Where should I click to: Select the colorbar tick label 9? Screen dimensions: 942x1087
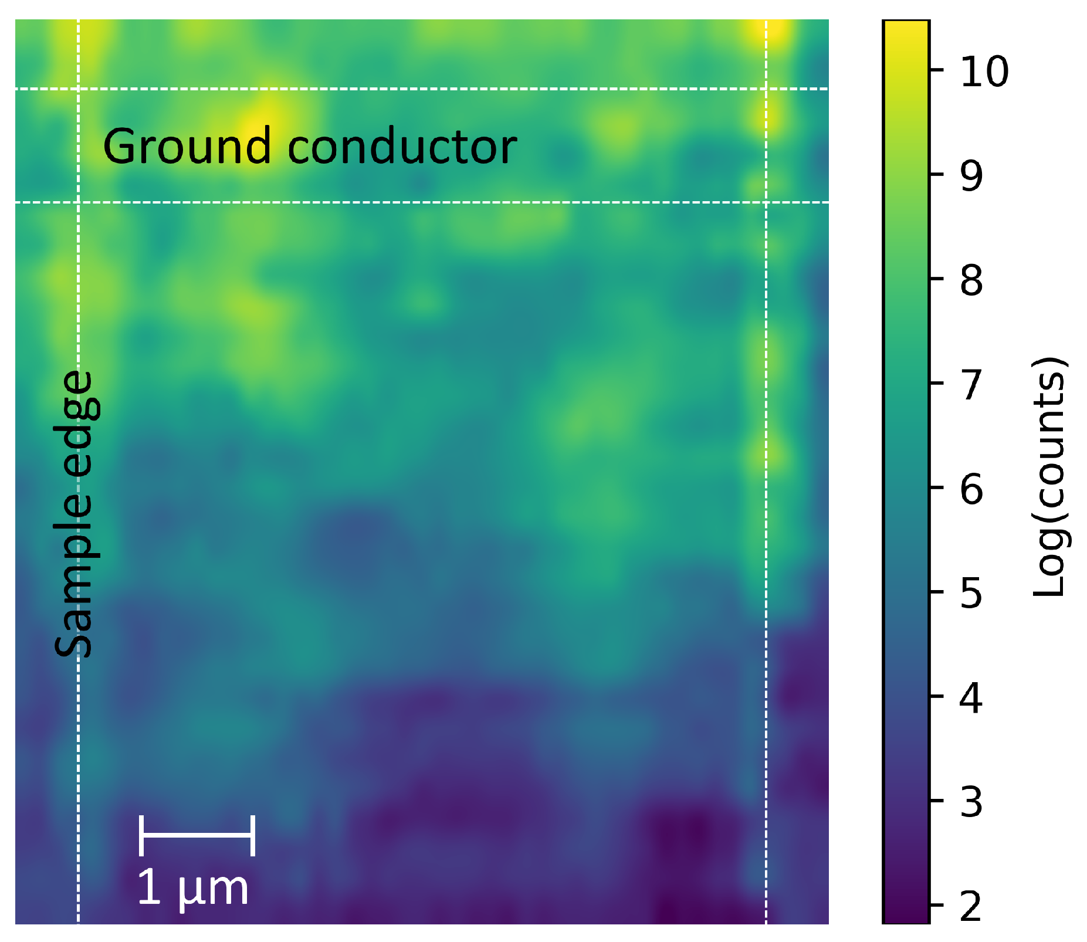click(x=971, y=175)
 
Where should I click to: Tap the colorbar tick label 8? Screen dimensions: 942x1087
click(x=971, y=280)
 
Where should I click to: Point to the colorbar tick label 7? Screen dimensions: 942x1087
click(x=971, y=384)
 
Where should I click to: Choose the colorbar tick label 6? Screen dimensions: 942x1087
click(x=971, y=489)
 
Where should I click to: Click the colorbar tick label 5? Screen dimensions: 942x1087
click(x=971, y=593)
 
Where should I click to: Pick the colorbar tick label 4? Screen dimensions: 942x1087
click(x=971, y=697)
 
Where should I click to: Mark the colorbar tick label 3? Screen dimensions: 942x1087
click(x=971, y=802)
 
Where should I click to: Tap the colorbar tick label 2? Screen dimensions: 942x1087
click(x=971, y=906)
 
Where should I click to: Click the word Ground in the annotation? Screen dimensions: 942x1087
click(x=187, y=147)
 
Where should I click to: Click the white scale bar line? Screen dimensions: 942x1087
click(x=197, y=834)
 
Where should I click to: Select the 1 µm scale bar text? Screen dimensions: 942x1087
click(x=193, y=888)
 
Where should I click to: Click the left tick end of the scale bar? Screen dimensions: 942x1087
click(x=141, y=835)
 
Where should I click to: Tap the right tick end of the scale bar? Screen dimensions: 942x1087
click(x=253, y=835)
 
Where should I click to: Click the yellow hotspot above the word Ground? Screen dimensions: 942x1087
click(x=258, y=120)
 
